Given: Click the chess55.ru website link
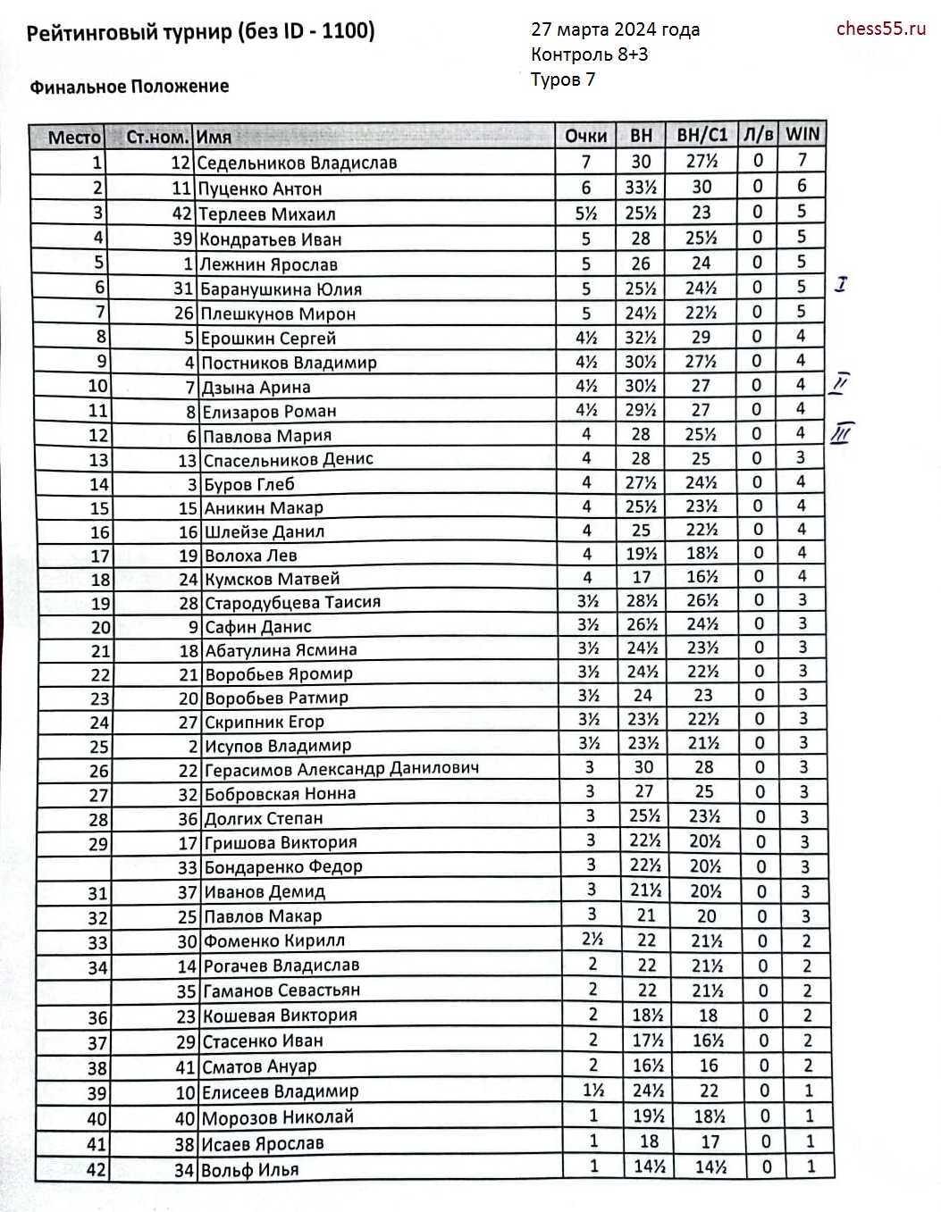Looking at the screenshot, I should click(x=880, y=29).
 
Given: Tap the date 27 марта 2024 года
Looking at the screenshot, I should click(x=615, y=30).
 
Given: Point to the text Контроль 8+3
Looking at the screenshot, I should click(x=589, y=54).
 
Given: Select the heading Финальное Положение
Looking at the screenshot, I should click(x=130, y=87).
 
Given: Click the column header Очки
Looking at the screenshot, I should click(x=585, y=136).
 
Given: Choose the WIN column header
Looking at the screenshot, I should click(x=802, y=134).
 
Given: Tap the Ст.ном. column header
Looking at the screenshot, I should click(x=157, y=138).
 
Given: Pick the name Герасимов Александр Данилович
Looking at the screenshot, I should click(x=341, y=769).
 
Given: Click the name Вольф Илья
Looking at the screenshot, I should click(x=251, y=1169).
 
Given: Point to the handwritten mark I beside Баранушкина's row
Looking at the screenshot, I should click(x=841, y=285).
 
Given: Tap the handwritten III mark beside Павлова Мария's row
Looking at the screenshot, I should click(x=841, y=434).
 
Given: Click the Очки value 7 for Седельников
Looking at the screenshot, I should click(x=585, y=162).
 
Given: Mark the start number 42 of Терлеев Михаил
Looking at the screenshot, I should click(x=182, y=213).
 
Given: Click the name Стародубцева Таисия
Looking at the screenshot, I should click(x=292, y=602).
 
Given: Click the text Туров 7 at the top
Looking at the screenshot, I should click(x=562, y=79).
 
